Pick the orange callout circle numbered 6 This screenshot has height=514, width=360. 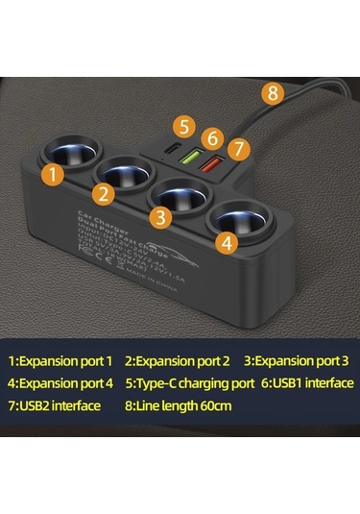click(214, 138)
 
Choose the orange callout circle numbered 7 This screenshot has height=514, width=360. click(239, 149)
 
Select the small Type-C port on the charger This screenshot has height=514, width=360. click(171, 150)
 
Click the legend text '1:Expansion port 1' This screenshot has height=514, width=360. click(60, 361)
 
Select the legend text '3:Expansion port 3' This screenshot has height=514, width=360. click(296, 361)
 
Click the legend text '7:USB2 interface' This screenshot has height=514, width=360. click(55, 404)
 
